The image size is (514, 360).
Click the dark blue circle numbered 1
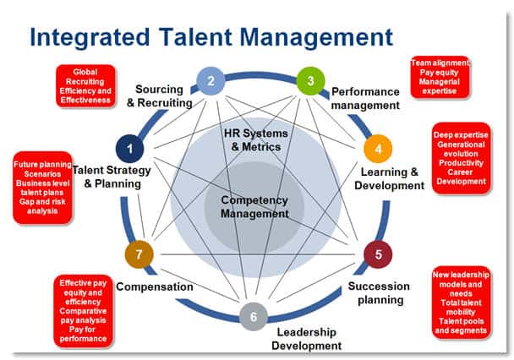130,150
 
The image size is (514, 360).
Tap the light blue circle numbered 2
211,82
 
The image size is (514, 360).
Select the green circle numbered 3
310,82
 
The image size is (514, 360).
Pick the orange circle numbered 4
378,150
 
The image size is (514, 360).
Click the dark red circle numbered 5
378,253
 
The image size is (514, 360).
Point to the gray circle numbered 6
253,318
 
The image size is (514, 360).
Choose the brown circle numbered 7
139,253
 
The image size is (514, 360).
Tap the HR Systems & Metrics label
255,140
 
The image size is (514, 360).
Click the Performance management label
364,98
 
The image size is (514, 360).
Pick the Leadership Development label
306,338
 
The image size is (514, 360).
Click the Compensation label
155,286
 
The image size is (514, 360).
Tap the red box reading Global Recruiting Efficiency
85,86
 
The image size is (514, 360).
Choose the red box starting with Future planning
41,188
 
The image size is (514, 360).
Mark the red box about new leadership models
460,302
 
